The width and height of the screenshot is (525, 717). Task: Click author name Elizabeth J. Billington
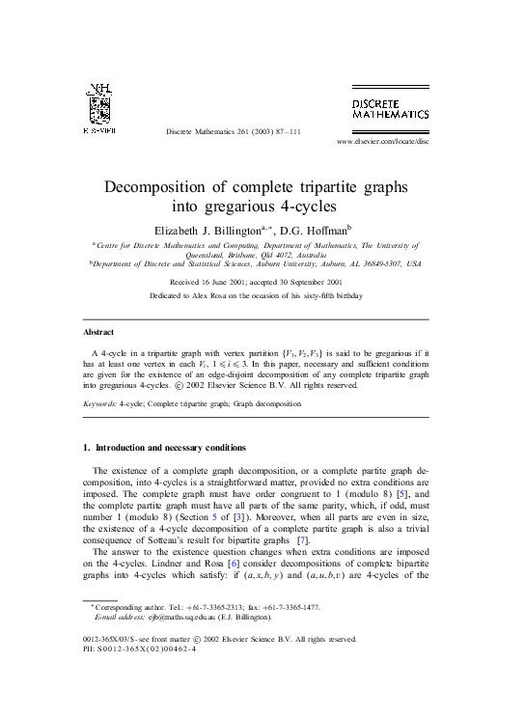point(208,230)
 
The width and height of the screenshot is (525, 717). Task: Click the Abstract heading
point(99,332)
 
